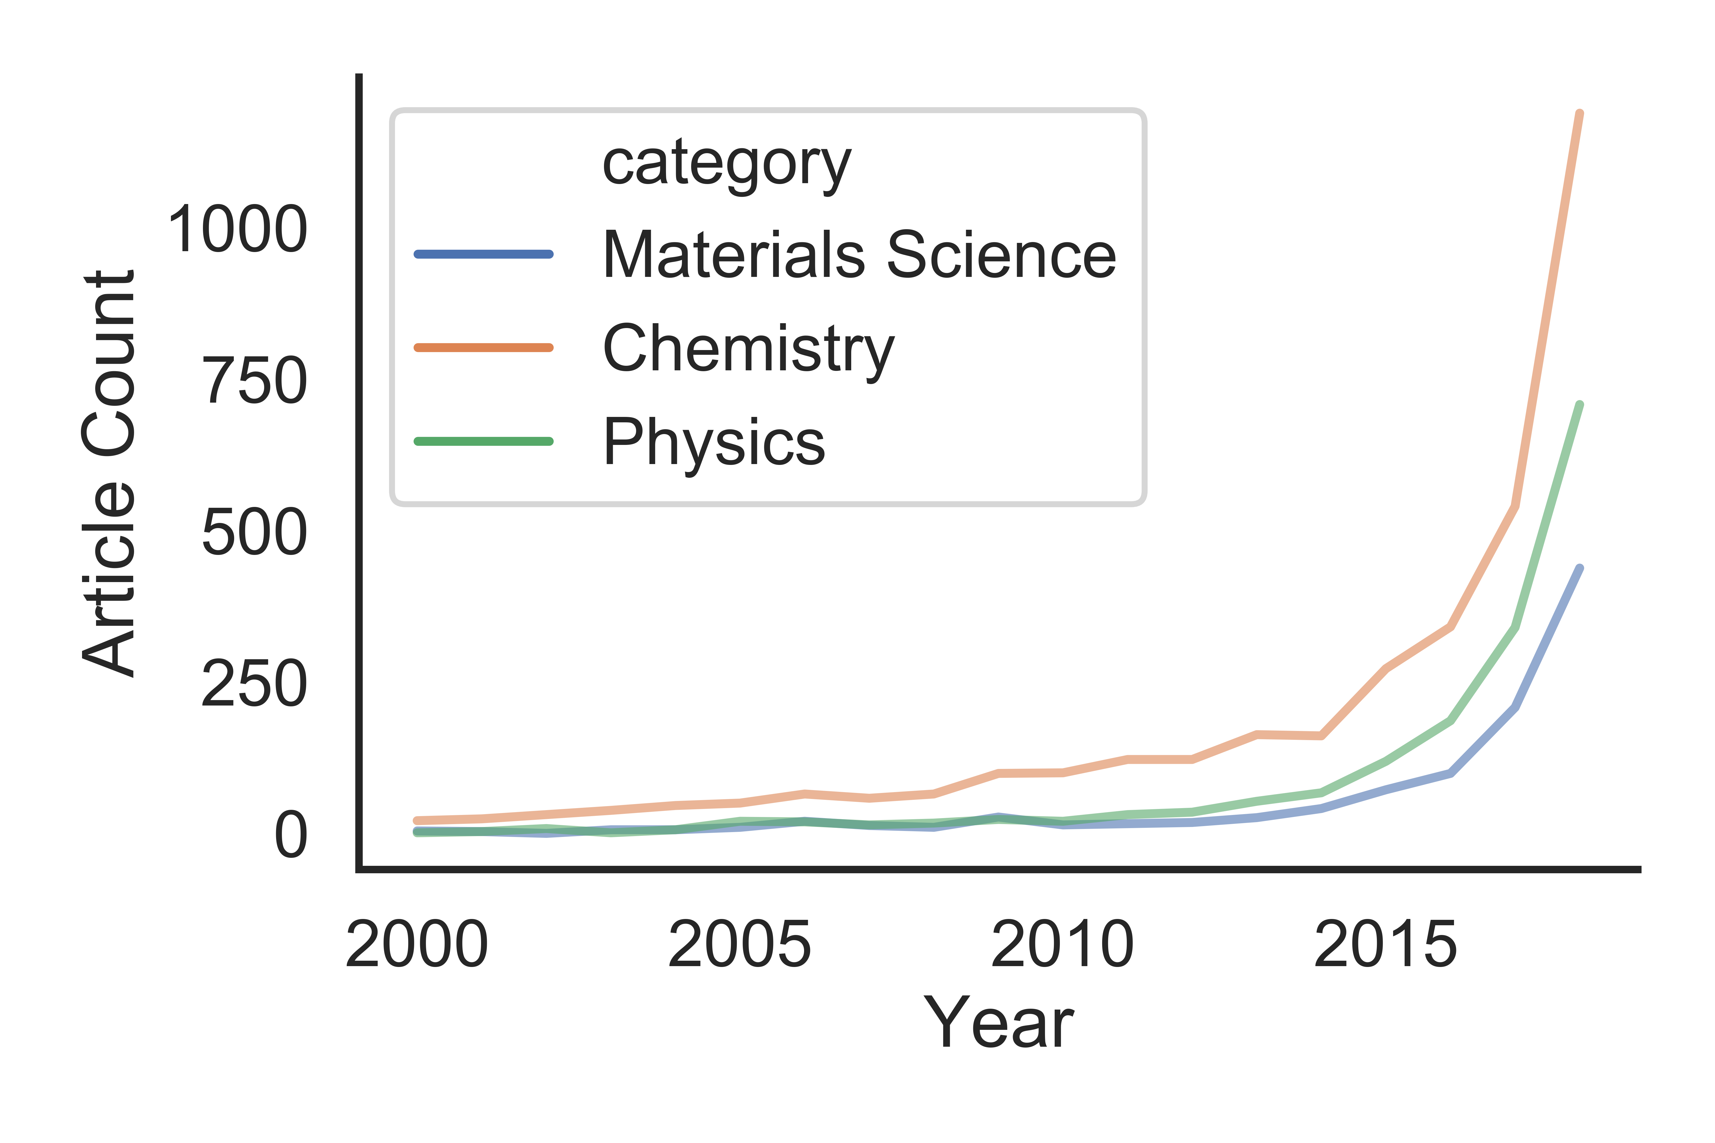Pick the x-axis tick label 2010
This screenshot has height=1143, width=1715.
click(1062, 946)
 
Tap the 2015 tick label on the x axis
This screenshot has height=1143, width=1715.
click(1385, 946)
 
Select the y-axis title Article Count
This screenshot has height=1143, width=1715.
click(108, 474)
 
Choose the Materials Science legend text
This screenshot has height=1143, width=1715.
click(859, 255)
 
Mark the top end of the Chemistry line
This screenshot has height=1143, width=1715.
click(1580, 114)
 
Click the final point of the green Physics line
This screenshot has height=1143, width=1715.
click(1580, 405)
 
